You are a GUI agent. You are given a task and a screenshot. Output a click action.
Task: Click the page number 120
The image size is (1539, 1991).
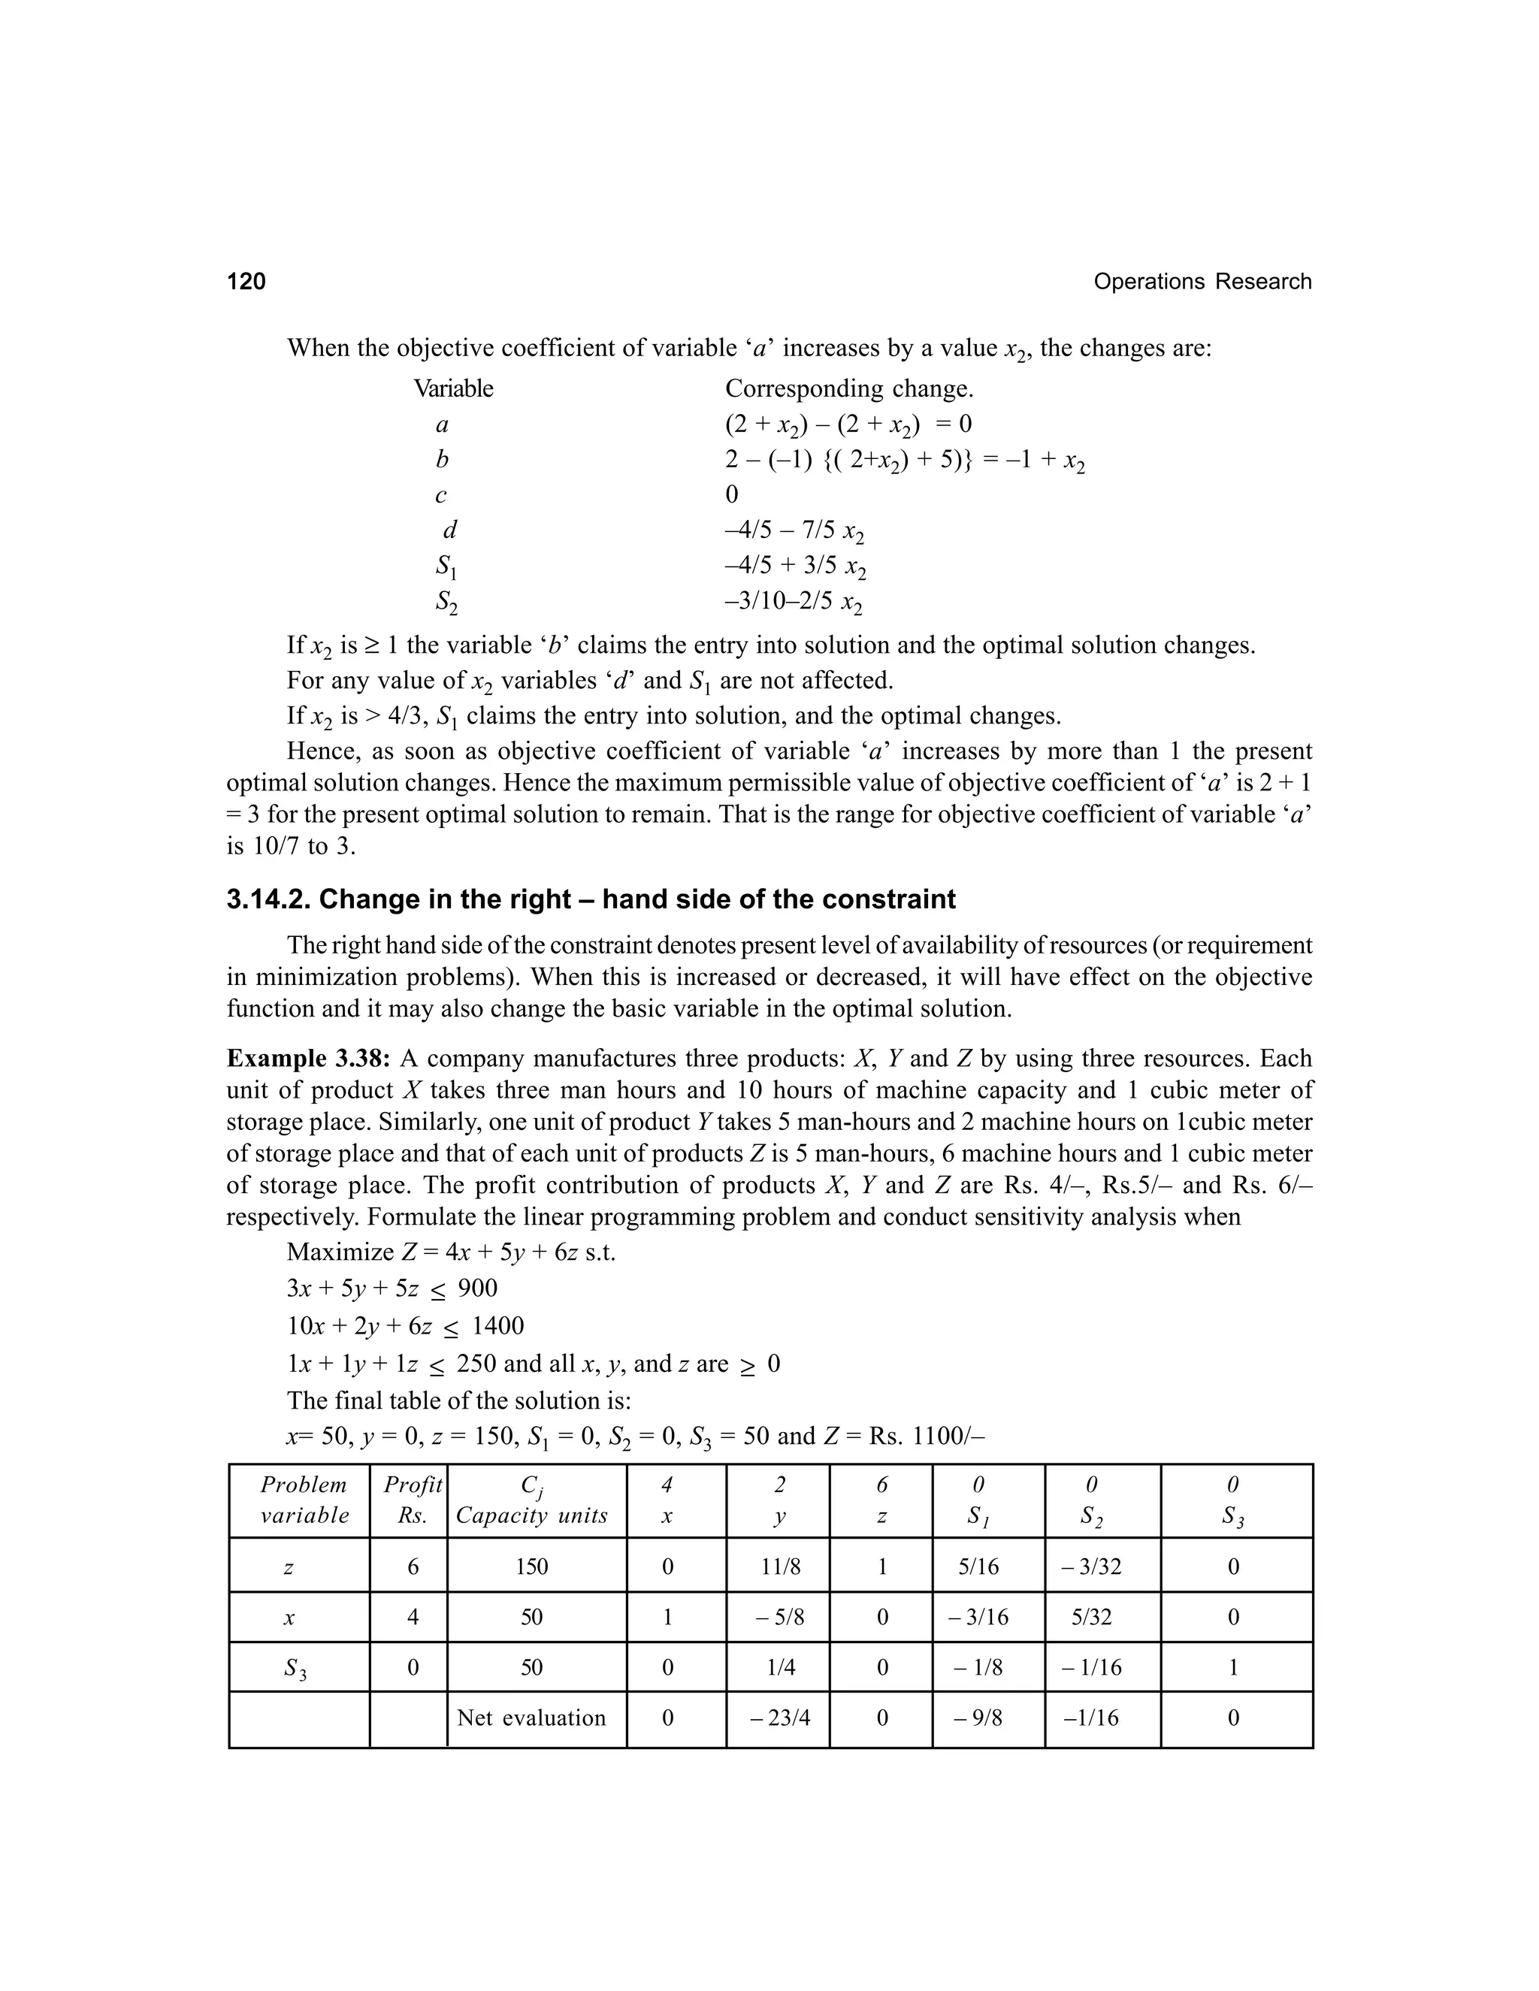point(246,282)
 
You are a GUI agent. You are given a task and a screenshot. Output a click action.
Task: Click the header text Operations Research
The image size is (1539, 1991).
point(1202,282)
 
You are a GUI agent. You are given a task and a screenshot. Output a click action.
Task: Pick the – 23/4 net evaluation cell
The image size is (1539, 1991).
point(779,1718)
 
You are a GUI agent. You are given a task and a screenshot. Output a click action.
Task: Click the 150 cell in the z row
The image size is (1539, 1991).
point(531,1567)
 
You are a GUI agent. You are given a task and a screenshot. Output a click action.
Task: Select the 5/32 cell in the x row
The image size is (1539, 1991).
point(1091,1618)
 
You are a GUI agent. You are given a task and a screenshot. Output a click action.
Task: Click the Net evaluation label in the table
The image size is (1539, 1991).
point(531,1718)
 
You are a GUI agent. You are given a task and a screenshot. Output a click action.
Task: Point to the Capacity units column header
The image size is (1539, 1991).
point(531,1516)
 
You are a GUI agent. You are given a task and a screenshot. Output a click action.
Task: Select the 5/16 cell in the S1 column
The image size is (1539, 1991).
point(978,1567)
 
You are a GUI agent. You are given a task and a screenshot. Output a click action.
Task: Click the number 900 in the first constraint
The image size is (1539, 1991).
point(478,1287)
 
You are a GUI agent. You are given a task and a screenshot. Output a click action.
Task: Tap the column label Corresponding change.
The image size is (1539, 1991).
point(849,389)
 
